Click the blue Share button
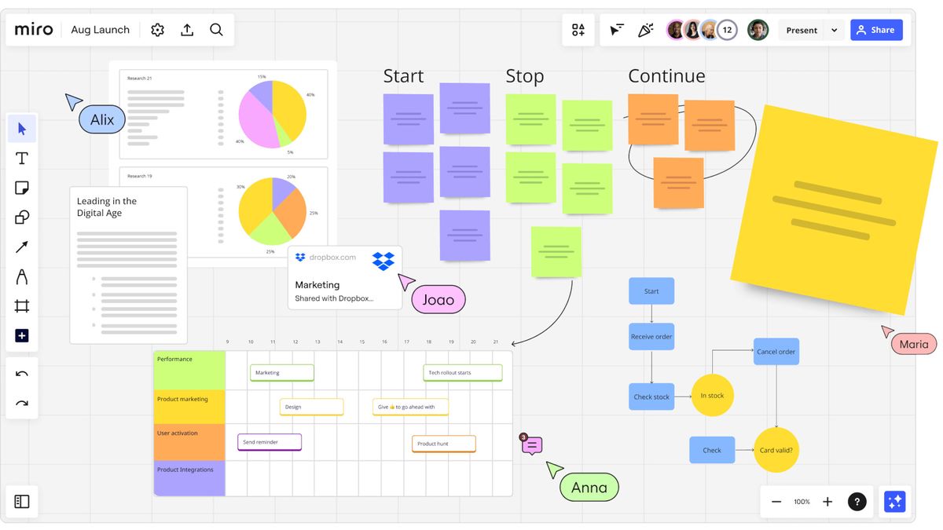(875, 31)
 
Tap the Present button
(802, 31)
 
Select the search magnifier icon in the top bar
(216, 30)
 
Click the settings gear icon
(157, 30)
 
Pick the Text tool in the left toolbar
(22, 159)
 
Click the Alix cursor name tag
(102, 120)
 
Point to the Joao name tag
(438, 300)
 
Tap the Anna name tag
(589, 488)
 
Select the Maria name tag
(913, 344)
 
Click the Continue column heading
(666, 76)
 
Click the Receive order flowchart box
(651, 337)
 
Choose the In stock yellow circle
(712, 396)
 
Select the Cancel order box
(776, 352)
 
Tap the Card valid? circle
(776, 451)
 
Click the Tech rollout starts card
(463, 373)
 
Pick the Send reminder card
(270, 442)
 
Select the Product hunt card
(443, 444)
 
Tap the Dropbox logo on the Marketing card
(383, 261)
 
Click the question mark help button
(857, 502)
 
